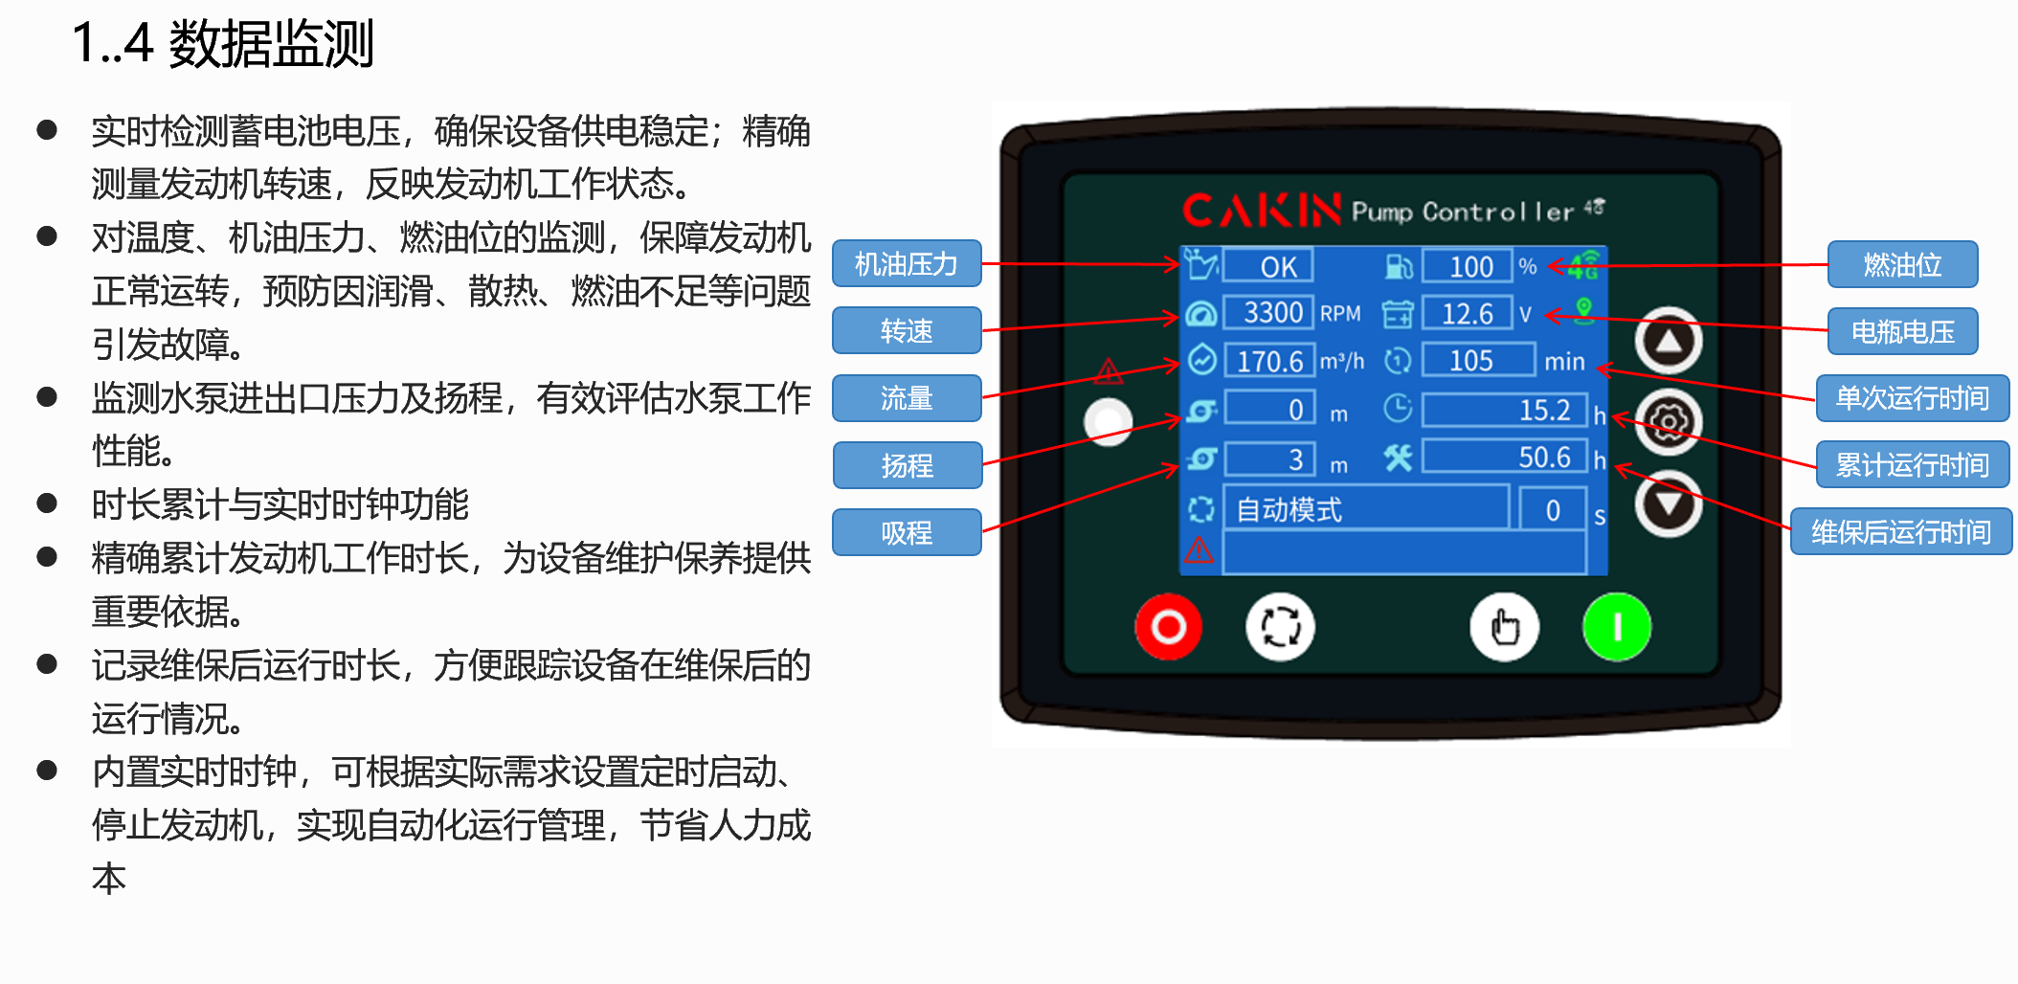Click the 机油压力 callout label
(907, 263)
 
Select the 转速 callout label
(907, 330)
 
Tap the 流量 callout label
(907, 398)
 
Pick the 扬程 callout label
(907, 465)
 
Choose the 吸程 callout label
(907, 532)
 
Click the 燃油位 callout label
(1902, 264)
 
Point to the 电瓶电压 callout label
(1902, 331)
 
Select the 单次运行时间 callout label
(1912, 398)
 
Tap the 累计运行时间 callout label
(1912, 465)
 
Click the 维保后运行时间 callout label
(1901, 531)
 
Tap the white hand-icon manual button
(1505, 627)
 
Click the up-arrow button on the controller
(1669, 341)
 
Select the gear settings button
(1669, 422)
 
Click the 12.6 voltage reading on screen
(1468, 313)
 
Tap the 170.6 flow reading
(1270, 361)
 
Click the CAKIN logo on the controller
(1262, 210)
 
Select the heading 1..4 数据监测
(223, 44)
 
